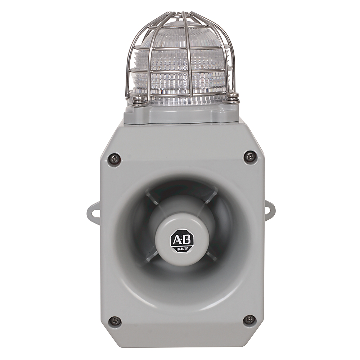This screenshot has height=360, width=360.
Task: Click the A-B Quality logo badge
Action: (x=182, y=240)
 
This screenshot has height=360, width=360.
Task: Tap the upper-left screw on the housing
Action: (x=114, y=159)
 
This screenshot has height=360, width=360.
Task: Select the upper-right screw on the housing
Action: (x=250, y=157)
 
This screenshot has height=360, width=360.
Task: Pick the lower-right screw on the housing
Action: (x=249, y=319)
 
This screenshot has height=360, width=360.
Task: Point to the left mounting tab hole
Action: (x=94, y=212)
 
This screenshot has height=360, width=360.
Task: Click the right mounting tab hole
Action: (x=268, y=210)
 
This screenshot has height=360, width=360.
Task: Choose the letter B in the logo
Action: (x=188, y=239)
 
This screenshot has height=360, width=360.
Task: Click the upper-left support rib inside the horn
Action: (x=153, y=198)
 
